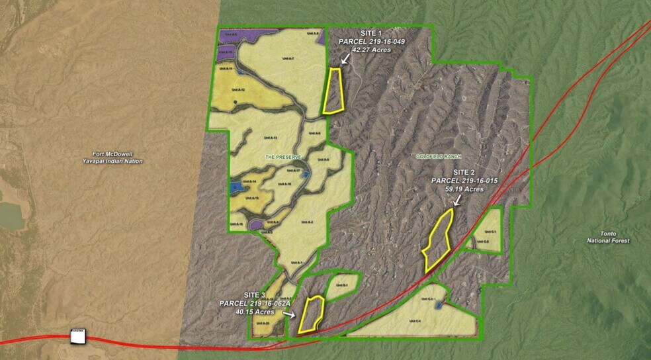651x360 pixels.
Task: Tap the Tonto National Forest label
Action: (608, 237)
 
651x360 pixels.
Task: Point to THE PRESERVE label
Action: (284, 157)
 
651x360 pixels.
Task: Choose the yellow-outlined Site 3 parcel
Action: (310, 314)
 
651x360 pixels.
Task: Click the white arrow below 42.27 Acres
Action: (345, 58)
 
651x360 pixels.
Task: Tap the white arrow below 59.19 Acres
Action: (457, 199)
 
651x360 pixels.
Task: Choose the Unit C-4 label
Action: (415, 321)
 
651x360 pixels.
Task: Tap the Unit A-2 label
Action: (308, 222)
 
